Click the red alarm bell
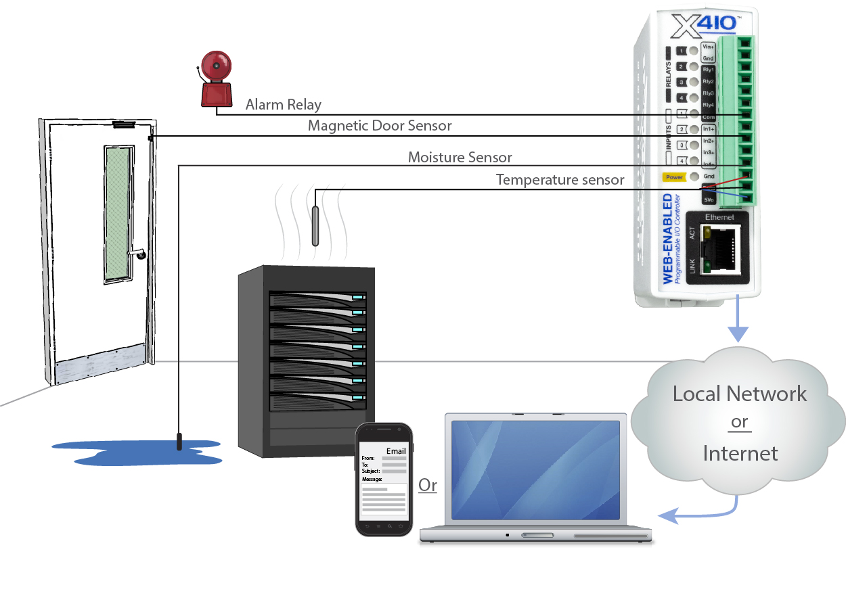(x=216, y=82)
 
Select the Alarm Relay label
(x=283, y=104)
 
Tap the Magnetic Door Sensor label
(x=380, y=126)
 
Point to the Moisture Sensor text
(x=460, y=158)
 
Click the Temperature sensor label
(x=560, y=180)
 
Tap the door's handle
(x=138, y=254)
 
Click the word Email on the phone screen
(x=396, y=451)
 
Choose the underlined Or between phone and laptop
(x=428, y=485)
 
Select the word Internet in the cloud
(x=740, y=452)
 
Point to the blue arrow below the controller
(x=738, y=325)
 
